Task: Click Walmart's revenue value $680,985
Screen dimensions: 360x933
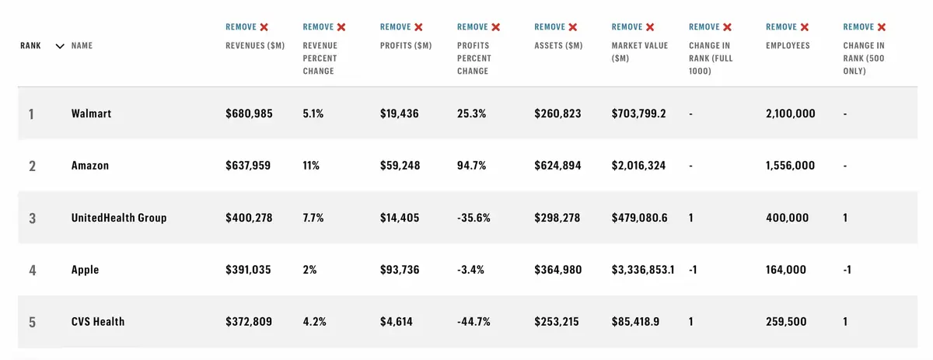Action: pos(249,114)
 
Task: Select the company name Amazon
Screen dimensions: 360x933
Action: pos(90,166)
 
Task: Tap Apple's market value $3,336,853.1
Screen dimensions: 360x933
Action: pos(643,270)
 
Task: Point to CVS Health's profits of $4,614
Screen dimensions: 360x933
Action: pos(397,322)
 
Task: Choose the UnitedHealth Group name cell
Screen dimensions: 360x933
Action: pos(119,218)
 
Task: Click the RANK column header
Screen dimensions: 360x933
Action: pos(30,46)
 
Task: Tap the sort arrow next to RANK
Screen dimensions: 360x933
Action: pos(60,46)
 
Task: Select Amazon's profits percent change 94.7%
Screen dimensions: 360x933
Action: pos(472,166)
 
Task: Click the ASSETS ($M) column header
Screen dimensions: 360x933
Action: pos(558,46)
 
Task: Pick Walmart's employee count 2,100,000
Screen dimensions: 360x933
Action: pos(791,114)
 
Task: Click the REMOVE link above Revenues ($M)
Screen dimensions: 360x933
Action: pos(242,27)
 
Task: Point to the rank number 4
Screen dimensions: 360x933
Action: pos(32,270)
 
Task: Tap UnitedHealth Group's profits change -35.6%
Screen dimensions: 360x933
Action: pos(473,218)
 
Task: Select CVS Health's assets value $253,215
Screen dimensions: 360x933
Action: pos(557,322)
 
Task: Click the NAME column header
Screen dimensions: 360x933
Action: pos(82,46)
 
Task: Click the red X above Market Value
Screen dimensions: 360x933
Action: pos(650,27)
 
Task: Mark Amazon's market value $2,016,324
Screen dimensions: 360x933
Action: pos(638,166)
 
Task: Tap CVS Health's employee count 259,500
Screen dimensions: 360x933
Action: pos(786,322)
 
